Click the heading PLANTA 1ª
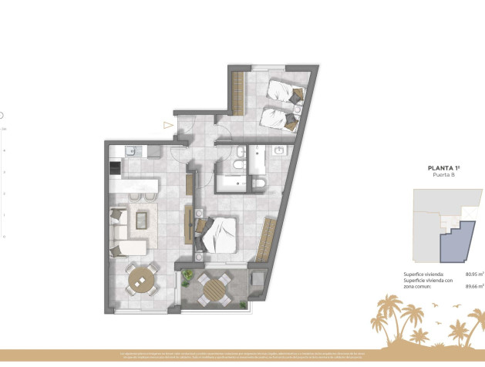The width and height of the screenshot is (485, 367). [x=443, y=167]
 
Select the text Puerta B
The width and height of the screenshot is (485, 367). [x=443, y=176]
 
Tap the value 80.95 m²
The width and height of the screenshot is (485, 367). [x=473, y=273]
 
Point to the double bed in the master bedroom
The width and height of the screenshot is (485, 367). [x=221, y=234]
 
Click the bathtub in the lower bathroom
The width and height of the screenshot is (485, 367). [x=235, y=183]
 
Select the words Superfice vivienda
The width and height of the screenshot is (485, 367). [x=423, y=273]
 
